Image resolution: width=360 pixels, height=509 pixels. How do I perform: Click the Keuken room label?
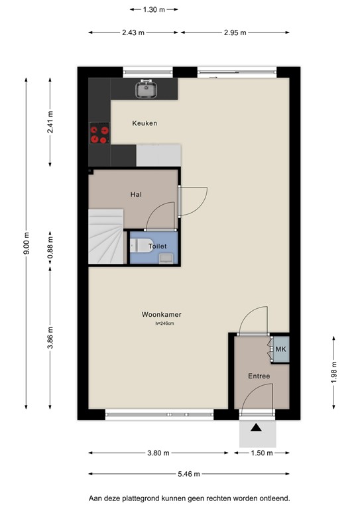click(x=145, y=123)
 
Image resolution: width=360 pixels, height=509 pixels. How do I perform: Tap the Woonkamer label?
click(x=161, y=314)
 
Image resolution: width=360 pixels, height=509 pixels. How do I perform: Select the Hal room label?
click(x=136, y=194)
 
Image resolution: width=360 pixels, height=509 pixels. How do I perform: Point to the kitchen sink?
click(x=147, y=89)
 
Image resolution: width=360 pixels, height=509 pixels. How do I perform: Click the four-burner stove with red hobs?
click(x=99, y=133)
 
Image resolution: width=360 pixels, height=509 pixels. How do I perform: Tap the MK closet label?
click(x=281, y=349)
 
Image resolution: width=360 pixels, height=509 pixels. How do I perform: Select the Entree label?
click(x=259, y=376)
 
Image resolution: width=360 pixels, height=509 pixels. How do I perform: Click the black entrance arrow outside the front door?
click(x=256, y=427)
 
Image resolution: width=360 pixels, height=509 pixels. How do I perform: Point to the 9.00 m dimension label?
click(x=27, y=243)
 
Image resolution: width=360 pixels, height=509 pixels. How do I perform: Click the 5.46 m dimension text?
click(x=188, y=474)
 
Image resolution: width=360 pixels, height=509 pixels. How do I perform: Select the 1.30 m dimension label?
click(x=154, y=9)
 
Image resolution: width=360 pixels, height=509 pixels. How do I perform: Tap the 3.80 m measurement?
click(x=158, y=453)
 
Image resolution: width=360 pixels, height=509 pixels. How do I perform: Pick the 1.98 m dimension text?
click(x=333, y=372)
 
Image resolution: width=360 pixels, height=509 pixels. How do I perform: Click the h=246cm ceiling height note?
click(x=164, y=323)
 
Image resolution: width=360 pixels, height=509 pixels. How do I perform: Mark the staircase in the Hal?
click(x=106, y=237)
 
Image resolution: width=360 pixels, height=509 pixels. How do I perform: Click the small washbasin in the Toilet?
click(x=166, y=258)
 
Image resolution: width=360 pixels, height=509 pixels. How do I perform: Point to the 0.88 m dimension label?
click(x=50, y=249)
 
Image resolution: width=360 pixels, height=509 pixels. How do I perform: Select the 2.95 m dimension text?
click(x=235, y=32)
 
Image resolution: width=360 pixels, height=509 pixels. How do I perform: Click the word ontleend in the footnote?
click(x=276, y=498)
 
